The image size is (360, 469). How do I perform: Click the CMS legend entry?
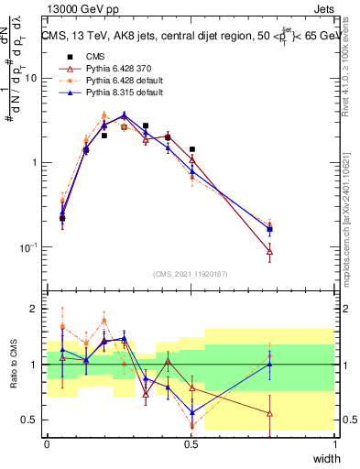(x=96, y=56)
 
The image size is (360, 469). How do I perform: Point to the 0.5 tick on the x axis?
(x=191, y=442)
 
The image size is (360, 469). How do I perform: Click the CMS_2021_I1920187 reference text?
(x=191, y=274)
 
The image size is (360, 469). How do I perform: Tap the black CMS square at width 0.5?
(x=192, y=149)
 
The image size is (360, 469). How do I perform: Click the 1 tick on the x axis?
(x=335, y=442)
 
